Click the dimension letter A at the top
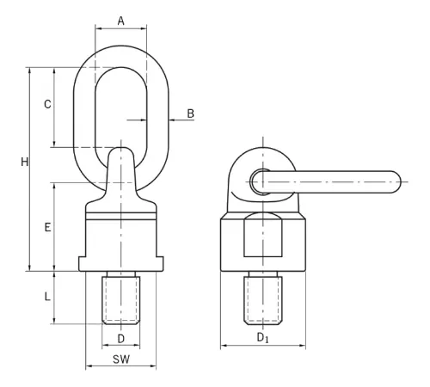[121, 21]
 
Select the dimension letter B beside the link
[191, 114]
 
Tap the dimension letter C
[47, 104]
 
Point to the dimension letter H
[25, 163]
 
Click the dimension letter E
[47, 227]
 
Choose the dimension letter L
[47, 297]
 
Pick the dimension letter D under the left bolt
[121, 339]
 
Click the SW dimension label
[121, 359]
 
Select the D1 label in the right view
[262, 338]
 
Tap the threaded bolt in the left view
[121, 298]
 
